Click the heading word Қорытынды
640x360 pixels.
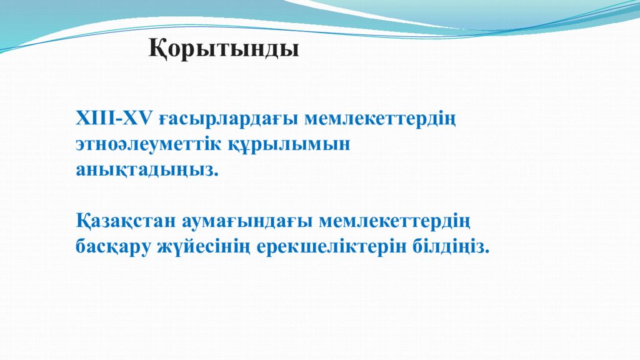click(x=224, y=49)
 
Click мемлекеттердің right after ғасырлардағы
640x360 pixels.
click(x=381, y=119)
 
